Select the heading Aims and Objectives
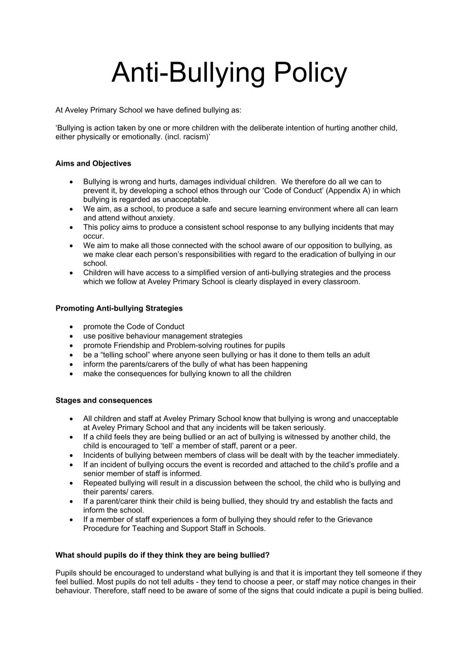point(93,163)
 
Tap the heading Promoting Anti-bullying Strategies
point(119,308)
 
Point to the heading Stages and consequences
point(104,400)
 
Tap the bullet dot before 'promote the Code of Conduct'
point(72,327)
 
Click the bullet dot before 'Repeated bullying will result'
point(72,483)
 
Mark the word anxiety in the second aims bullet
point(162,218)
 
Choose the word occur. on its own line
point(93,236)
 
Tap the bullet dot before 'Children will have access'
point(72,273)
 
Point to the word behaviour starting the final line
point(73,591)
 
